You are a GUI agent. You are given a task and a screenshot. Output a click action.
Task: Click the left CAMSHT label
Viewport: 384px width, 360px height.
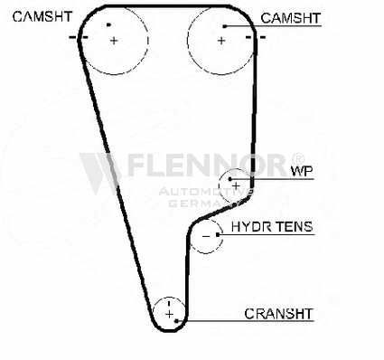click(42, 16)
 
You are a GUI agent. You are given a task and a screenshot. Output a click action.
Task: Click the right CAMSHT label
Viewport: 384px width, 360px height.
click(290, 18)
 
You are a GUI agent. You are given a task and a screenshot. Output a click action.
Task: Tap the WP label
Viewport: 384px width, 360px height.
click(302, 171)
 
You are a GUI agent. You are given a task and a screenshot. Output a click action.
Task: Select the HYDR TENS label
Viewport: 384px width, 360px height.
click(272, 226)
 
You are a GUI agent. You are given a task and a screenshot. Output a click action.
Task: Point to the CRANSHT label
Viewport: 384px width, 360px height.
click(278, 314)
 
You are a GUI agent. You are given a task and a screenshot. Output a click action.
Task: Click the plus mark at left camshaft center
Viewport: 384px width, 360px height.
click(114, 41)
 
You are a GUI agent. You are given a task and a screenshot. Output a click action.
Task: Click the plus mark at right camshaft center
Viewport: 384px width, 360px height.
click(221, 41)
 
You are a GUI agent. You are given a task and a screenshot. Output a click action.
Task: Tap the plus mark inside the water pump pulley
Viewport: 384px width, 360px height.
click(236, 186)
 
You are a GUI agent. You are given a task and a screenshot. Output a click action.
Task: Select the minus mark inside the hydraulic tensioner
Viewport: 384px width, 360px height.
click(206, 236)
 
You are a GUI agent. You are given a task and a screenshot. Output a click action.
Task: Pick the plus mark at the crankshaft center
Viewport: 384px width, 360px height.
click(169, 315)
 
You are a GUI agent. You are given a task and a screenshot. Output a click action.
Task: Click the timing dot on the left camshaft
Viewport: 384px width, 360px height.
click(108, 24)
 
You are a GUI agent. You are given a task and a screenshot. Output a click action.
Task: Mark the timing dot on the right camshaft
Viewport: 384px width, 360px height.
click(225, 26)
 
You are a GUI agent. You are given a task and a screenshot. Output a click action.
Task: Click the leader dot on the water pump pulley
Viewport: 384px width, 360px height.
click(230, 179)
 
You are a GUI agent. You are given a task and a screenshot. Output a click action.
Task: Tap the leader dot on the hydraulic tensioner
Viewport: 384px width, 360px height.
click(218, 234)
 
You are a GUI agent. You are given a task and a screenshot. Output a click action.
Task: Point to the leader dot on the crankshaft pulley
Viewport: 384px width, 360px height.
click(176, 321)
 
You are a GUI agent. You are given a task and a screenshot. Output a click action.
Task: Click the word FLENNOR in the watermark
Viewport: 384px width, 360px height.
click(208, 166)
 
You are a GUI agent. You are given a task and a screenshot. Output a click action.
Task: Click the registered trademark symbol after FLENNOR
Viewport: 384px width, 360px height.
click(298, 158)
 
